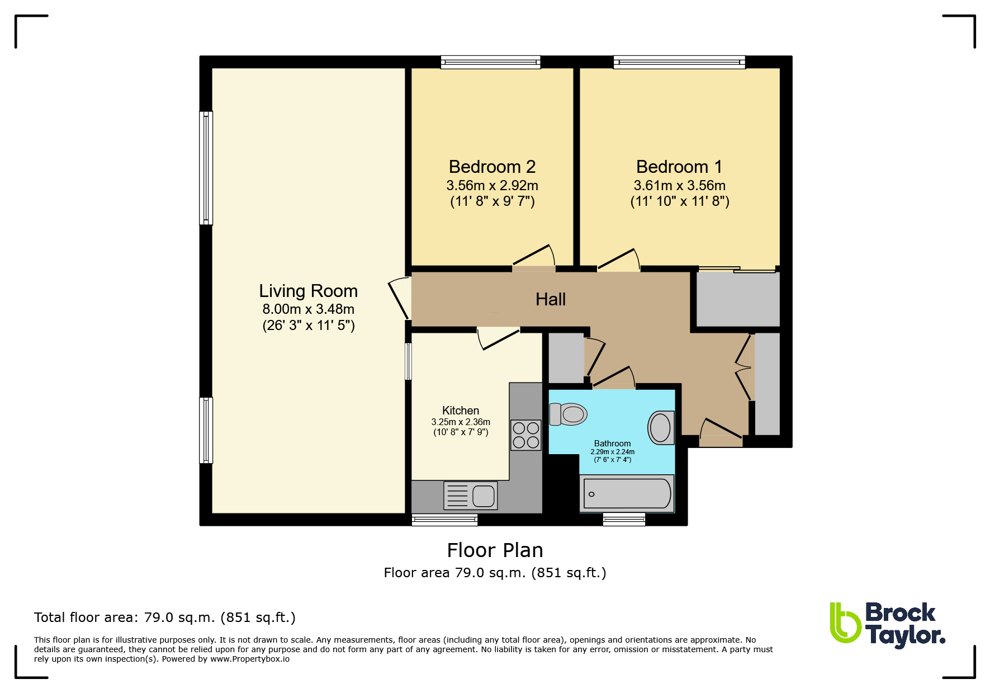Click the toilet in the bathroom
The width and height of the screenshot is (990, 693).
pyautogui.click(x=568, y=414)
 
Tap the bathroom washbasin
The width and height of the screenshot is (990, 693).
pyautogui.click(x=661, y=427)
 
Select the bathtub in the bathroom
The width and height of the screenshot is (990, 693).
pyautogui.click(x=627, y=494)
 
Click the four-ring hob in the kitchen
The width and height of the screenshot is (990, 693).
pyautogui.click(x=526, y=435)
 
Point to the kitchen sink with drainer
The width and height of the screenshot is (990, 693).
pyautogui.click(x=470, y=496)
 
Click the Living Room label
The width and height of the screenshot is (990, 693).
pyautogui.click(x=308, y=291)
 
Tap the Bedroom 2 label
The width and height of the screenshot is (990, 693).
pyautogui.click(x=492, y=167)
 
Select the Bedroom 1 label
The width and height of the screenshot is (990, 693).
pyautogui.click(x=679, y=167)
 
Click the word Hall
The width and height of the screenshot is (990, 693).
pyautogui.click(x=551, y=299)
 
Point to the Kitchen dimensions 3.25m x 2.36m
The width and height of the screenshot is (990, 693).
pyautogui.click(x=461, y=422)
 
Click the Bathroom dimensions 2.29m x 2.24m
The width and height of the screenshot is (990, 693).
pyautogui.click(x=613, y=452)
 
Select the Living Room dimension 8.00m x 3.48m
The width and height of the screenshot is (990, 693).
pyautogui.click(x=309, y=309)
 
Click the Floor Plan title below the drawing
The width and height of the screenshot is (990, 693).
pyautogui.click(x=495, y=550)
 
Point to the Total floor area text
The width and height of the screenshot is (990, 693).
pyautogui.click(x=165, y=617)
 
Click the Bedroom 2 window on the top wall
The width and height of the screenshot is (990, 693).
pyautogui.click(x=491, y=62)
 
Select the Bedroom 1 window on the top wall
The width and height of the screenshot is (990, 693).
pyautogui.click(x=679, y=62)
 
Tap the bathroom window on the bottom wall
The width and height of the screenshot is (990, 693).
pyautogui.click(x=624, y=520)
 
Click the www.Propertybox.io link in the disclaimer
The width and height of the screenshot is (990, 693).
pyautogui.click(x=250, y=659)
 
